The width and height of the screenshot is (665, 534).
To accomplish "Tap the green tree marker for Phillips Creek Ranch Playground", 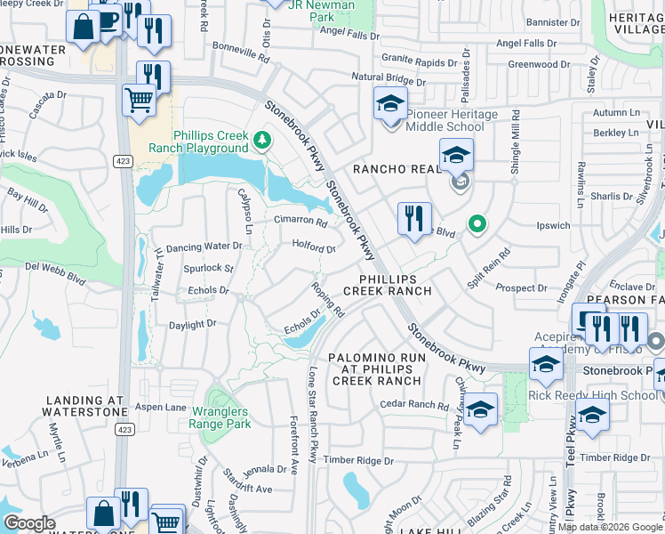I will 261,140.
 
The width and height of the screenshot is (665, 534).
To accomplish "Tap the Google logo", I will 29,523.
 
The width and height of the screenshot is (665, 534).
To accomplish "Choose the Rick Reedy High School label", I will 593,395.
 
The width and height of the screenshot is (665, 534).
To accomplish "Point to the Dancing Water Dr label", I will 204,246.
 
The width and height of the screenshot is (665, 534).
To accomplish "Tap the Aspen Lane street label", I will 160,407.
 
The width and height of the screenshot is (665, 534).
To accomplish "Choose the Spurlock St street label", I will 208,268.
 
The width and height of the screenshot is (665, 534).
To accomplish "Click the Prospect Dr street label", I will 521,288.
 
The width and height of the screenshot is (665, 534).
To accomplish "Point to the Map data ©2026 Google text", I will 609,527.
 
